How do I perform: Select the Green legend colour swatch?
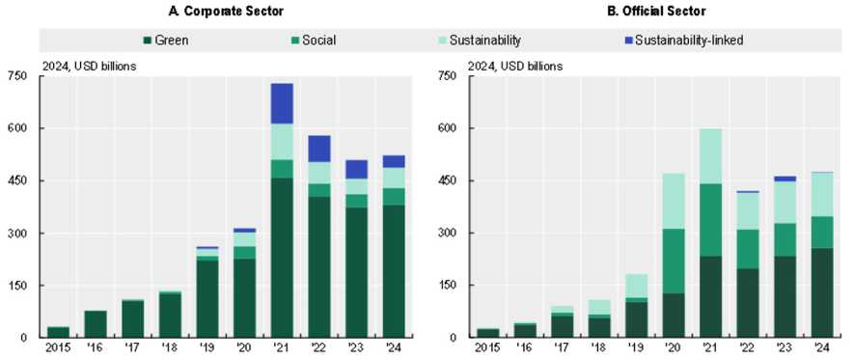click(147, 40)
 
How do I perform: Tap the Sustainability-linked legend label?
click(689, 41)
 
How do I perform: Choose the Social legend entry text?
click(319, 41)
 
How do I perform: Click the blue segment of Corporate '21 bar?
click(282, 103)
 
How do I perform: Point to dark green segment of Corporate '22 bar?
click(319, 267)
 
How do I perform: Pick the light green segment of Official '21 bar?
click(710, 156)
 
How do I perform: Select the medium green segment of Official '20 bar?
click(674, 261)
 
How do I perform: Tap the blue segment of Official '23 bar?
click(785, 179)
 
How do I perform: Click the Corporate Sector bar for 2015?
click(58, 332)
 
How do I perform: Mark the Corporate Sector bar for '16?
click(96, 324)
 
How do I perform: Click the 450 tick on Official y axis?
click(447, 180)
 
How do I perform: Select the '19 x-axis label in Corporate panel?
click(207, 346)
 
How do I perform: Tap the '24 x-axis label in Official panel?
click(822, 346)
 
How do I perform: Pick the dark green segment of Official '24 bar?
click(822, 293)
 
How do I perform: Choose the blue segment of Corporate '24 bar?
click(394, 161)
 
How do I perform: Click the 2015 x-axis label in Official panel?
click(486, 346)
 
